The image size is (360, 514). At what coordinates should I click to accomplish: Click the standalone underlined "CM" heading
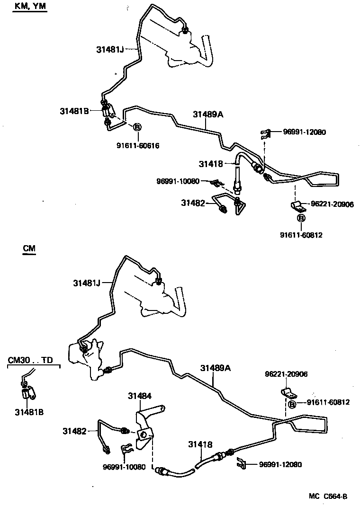(29, 248)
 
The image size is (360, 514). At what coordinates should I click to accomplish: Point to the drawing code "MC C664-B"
(328, 496)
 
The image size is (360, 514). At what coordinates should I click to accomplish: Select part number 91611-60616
(138, 145)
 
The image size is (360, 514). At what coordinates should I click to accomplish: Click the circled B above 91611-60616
(137, 127)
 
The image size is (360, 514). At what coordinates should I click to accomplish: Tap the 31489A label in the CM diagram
(216, 368)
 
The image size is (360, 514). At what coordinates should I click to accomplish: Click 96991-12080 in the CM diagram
(280, 465)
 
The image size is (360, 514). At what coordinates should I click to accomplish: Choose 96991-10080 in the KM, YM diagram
(178, 181)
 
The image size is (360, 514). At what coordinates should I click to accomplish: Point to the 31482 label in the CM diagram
(75, 431)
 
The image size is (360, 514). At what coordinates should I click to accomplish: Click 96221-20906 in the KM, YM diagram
(333, 204)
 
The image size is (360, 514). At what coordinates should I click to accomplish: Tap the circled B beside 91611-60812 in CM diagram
(293, 404)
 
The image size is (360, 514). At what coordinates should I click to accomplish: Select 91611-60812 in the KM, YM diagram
(301, 235)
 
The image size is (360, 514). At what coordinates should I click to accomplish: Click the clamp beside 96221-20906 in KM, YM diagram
(298, 206)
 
